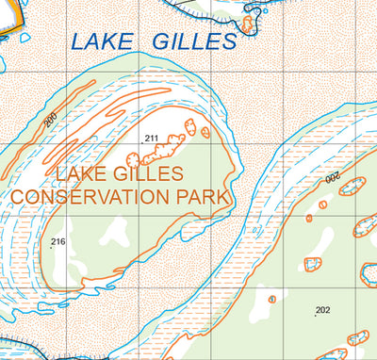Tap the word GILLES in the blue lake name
(191, 41)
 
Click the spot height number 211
(152, 139)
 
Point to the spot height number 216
(58, 242)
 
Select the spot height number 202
(322, 310)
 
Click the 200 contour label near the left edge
(50, 121)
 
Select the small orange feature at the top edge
(249, 24)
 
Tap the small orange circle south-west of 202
(272, 299)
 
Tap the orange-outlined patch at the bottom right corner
(358, 337)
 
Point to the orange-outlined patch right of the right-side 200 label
(352, 185)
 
